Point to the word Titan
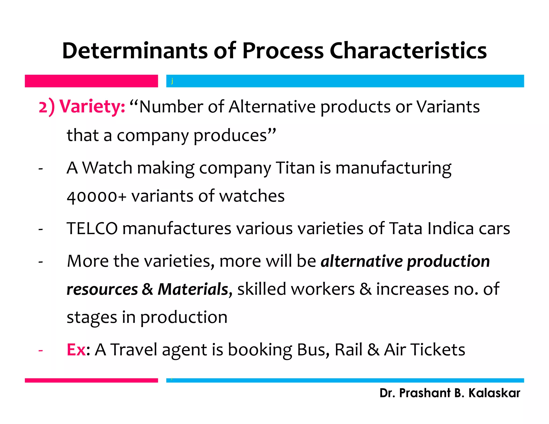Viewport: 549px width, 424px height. click(295, 168)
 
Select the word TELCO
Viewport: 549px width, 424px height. click(92, 229)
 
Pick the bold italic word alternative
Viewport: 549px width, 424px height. click(362, 261)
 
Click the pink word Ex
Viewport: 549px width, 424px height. click(76, 350)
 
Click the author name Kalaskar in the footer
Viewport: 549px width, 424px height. click(494, 393)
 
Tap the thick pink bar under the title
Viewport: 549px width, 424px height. click(91, 81)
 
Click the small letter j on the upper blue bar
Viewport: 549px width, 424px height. click(172, 81)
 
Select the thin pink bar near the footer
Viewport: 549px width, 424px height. click(91, 380)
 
